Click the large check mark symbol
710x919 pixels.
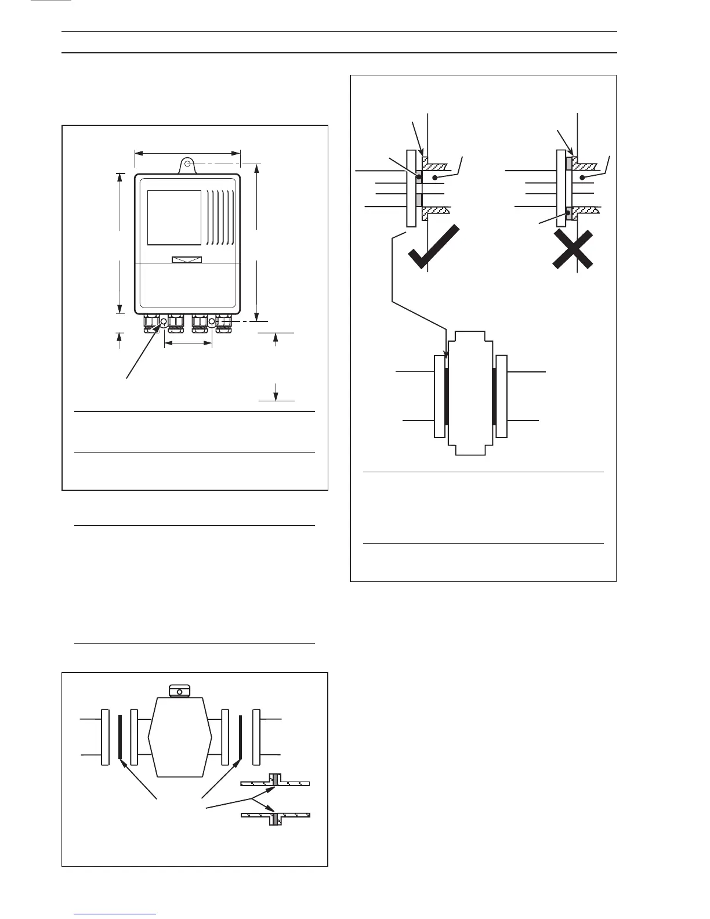point(433,248)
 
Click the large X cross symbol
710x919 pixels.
point(573,249)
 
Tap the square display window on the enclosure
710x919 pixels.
point(174,218)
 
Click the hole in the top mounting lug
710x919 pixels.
point(188,164)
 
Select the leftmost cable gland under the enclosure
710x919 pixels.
point(151,323)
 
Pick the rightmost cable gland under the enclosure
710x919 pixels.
point(223,323)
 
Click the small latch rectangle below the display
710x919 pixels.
point(187,259)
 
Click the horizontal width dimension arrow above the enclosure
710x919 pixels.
point(187,153)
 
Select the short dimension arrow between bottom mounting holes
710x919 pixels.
point(188,343)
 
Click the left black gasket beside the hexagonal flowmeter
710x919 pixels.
point(119,737)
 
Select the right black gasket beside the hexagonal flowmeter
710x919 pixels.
point(240,737)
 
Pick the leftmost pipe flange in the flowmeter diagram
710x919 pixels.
point(105,737)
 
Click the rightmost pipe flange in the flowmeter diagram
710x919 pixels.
point(256,737)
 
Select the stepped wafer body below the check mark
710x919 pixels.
point(469,395)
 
